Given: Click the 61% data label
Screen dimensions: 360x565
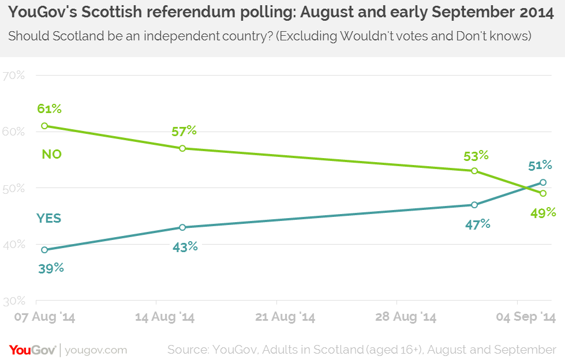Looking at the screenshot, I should click(x=49, y=108).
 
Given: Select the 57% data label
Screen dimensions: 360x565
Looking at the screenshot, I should click(x=184, y=131).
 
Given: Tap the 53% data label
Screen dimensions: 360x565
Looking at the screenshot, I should click(x=476, y=155).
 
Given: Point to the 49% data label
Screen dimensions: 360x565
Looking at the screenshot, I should click(x=543, y=212).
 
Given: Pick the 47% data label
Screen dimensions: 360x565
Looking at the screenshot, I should click(x=477, y=224).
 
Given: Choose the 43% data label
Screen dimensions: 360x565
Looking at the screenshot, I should click(x=185, y=246).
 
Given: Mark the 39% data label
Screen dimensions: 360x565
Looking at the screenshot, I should click(x=51, y=268).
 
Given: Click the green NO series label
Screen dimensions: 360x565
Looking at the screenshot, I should click(x=52, y=154).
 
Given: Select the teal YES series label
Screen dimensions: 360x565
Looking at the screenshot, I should click(x=48, y=218).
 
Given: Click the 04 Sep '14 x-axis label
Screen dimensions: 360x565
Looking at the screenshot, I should click(x=525, y=317).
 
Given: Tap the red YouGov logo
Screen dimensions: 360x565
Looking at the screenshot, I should click(x=32, y=350).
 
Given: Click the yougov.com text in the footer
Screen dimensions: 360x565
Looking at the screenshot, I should click(x=96, y=350).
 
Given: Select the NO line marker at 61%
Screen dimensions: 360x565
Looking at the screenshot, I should click(x=44, y=126).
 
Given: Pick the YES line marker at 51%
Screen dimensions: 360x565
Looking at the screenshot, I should click(x=543, y=182).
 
